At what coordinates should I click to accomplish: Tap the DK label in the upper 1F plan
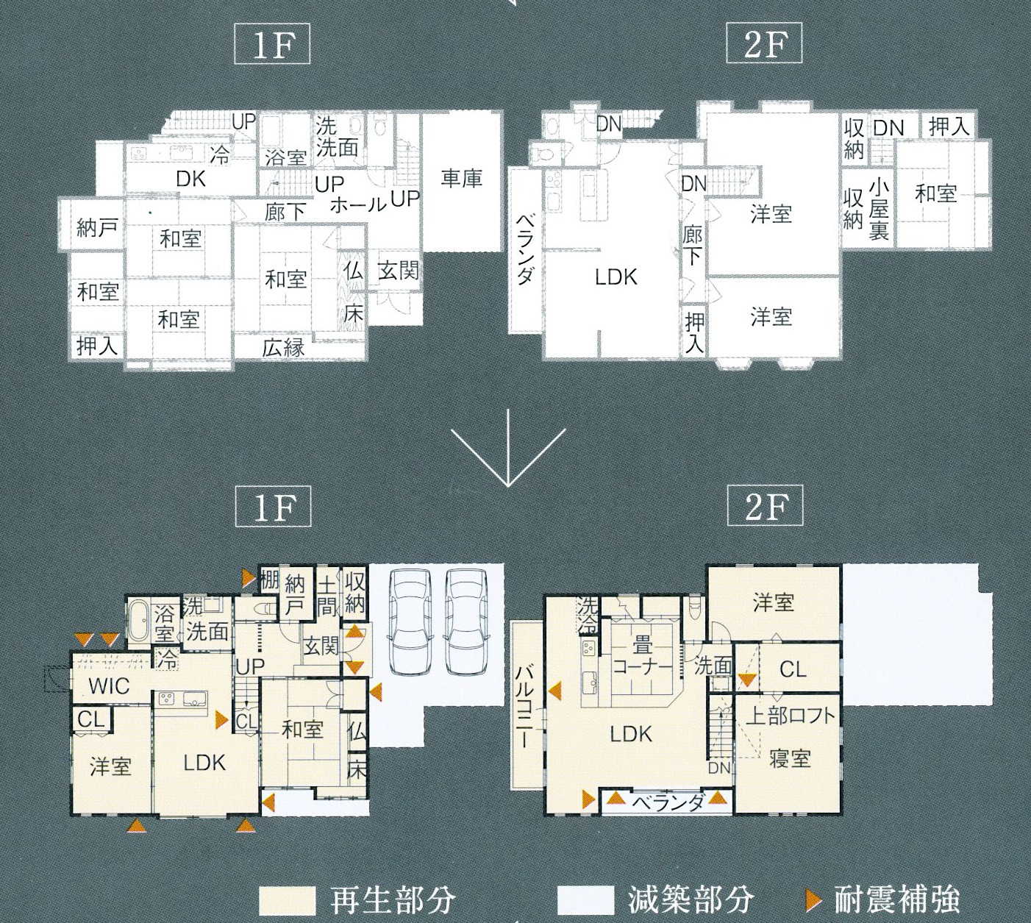(190, 179)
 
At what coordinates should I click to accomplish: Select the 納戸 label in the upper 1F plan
(97, 227)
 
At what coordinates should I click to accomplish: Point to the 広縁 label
(283, 348)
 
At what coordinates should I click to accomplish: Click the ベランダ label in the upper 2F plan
(526, 249)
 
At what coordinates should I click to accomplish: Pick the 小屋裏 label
(878, 210)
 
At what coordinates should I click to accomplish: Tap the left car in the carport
(410, 619)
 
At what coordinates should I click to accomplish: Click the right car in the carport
(466, 619)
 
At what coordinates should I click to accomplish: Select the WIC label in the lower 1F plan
(110, 686)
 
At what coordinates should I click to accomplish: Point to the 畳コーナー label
(642, 657)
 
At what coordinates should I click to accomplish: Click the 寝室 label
(790, 758)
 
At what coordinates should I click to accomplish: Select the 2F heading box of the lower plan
(765, 506)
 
